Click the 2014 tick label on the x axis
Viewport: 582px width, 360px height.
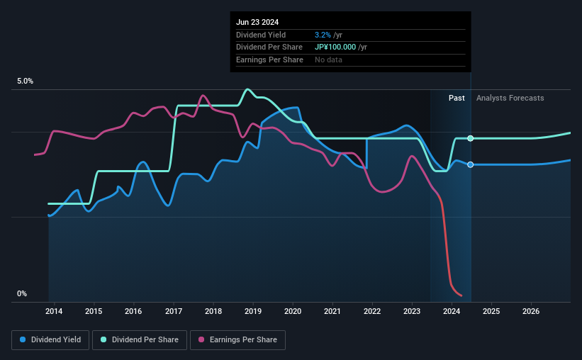54,311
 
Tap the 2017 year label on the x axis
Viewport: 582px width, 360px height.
174,311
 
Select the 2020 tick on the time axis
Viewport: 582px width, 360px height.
293,311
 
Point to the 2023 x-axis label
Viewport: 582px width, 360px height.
412,311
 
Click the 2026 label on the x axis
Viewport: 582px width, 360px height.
532,311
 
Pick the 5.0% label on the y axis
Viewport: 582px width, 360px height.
25,81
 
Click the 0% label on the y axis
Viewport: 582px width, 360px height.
22,294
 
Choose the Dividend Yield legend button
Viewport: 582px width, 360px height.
50,340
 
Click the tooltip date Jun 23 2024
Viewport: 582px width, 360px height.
259,22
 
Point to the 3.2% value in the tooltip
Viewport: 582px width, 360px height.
322,35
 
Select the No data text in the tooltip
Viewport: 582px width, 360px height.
328,60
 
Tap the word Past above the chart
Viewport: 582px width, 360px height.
457,98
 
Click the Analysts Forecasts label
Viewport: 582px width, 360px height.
510,98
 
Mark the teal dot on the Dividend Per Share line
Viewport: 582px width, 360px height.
471,138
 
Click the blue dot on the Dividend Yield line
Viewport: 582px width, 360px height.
471,164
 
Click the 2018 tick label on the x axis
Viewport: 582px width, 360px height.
213,311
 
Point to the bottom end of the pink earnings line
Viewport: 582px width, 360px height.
461,296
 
